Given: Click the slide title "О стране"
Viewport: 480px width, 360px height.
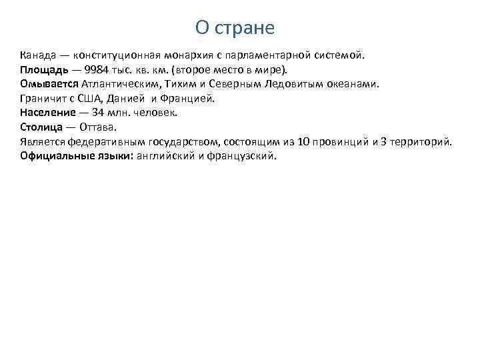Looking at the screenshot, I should pyautogui.click(x=235, y=28).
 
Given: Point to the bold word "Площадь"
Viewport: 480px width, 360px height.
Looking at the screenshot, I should pyautogui.click(x=43, y=69).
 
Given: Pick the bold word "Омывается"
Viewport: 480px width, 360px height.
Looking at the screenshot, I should pyautogui.click(x=49, y=84).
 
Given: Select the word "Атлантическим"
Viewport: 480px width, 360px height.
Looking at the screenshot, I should pyautogui.click(x=120, y=84).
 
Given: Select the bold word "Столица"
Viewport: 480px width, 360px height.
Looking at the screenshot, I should pyautogui.click(x=42, y=127).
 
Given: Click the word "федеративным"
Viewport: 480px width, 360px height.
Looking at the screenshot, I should pyautogui.click(x=104, y=142).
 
